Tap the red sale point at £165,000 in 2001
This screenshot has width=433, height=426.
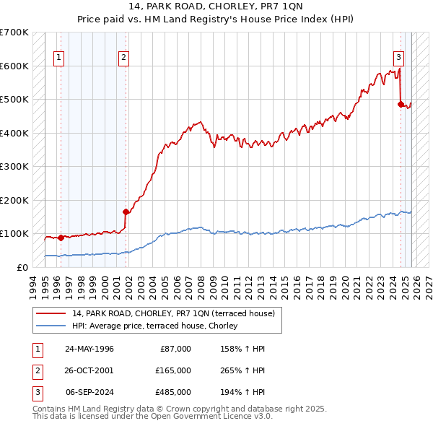[126, 212]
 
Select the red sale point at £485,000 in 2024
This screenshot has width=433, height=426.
[401, 104]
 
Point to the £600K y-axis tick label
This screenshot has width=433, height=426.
[14, 66]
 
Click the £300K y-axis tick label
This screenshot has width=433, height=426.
[14, 166]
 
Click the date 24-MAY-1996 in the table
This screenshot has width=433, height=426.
[89, 349]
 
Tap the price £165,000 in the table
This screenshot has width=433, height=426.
[173, 370]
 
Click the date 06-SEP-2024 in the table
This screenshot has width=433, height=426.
[89, 392]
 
